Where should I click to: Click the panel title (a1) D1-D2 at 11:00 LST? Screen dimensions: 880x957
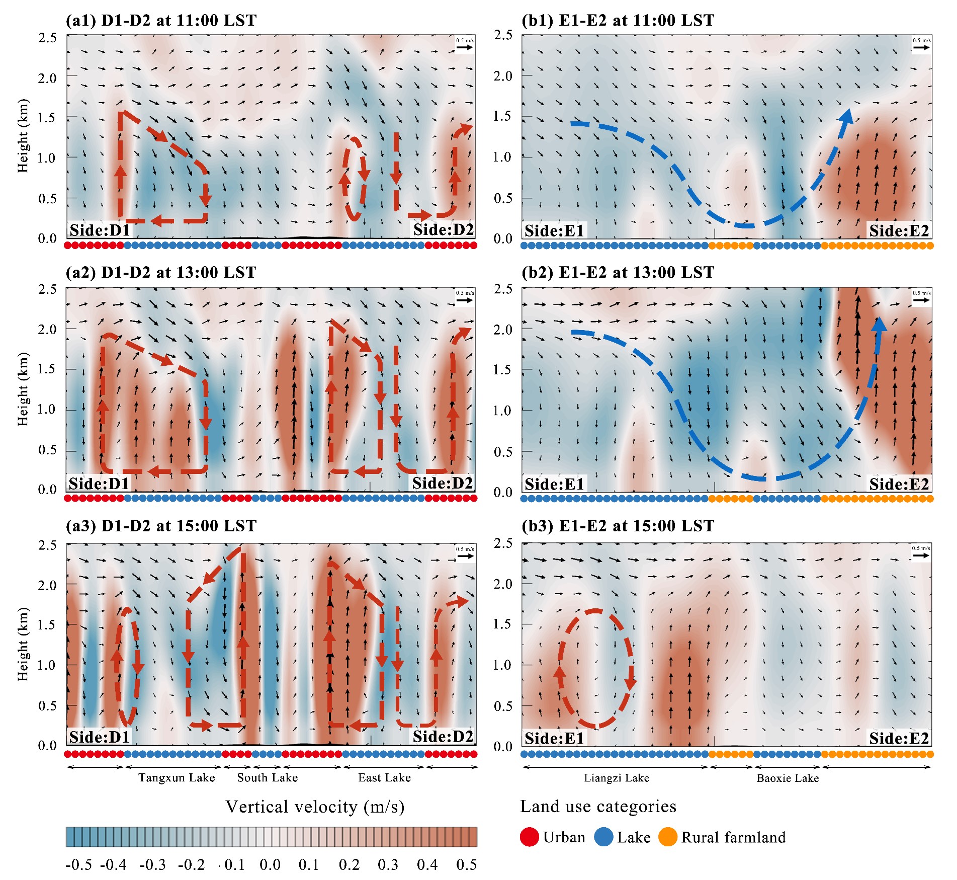coord(161,21)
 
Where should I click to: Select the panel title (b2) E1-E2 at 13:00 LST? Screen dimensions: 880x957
coord(618,273)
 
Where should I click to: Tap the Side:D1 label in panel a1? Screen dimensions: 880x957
coord(100,230)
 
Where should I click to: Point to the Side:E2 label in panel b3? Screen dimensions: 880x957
coord(899,738)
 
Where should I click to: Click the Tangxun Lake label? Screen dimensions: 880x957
coord(177,778)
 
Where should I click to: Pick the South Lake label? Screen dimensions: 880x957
coord(267,778)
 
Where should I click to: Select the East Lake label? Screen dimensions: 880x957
coord(384,778)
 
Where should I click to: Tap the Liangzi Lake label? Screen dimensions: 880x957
coord(616,778)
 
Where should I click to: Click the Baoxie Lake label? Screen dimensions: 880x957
coord(788,778)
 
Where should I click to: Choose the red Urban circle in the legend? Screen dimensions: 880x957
coord(530,837)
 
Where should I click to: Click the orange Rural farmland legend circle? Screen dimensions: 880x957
coord(668,837)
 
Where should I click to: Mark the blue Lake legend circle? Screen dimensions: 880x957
coord(603,837)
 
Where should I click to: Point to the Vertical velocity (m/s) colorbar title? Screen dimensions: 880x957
coord(315,807)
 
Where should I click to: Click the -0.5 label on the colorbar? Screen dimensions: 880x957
coord(79,865)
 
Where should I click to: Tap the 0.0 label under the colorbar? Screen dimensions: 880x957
coord(270,865)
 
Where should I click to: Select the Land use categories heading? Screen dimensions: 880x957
coord(598,807)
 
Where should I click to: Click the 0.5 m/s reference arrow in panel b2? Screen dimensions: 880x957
coord(921,300)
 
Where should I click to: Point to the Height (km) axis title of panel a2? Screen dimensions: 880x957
coord(23,389)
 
